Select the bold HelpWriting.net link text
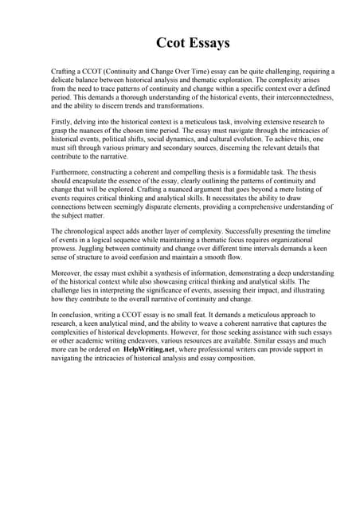pyautogui.click(x=156, y=349)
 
